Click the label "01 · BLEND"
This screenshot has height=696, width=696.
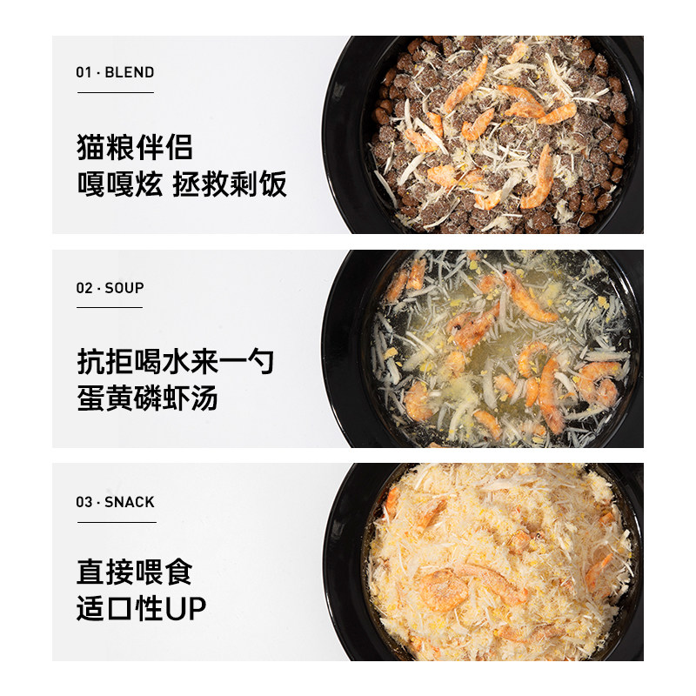(115, 72)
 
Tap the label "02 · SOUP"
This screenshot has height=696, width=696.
(110, 288)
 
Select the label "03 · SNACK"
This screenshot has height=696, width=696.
(115, 502)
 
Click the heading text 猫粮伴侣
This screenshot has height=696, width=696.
(135, 147)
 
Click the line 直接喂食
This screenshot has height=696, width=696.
(135, 572)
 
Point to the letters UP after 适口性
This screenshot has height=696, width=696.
(186, 609)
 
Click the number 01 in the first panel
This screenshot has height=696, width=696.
(84, 72)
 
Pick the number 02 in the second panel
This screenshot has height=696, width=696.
(84, 288)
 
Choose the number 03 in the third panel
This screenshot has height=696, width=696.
(84, 502)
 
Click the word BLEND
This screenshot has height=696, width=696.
(129, 72)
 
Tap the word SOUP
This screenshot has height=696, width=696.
(124, 288)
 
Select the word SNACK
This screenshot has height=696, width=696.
(130, 502)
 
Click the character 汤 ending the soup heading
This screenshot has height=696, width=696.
(204, 399)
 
